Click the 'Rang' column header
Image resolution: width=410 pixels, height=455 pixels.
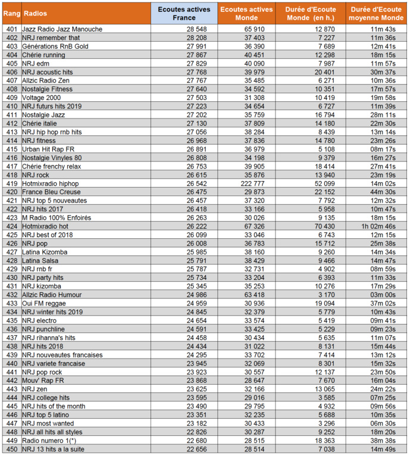coord(11,13)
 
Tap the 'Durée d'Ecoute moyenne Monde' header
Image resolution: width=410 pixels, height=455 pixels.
coord(378,13)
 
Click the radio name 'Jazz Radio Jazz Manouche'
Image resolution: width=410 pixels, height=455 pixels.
coord(62,29)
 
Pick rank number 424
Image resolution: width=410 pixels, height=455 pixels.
coord(11,226)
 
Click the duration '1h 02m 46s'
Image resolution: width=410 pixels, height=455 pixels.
coord(378,226)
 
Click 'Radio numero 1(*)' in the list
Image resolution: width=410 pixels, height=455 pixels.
coord(49,440)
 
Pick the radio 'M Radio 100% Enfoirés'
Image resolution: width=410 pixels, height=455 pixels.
coord(57,218)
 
